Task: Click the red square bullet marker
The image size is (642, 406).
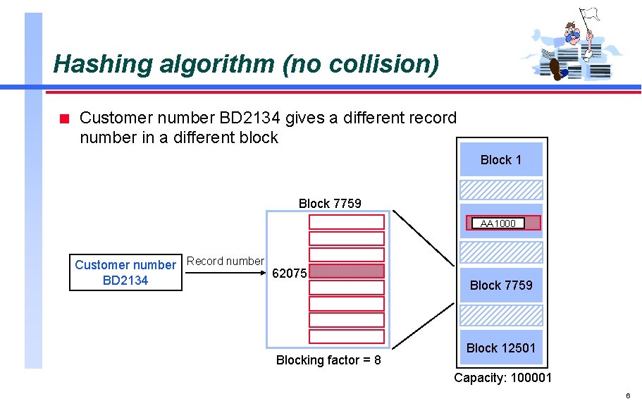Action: click(63, 118)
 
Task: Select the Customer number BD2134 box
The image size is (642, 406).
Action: click(125, 272)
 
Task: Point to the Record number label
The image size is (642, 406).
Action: click(226, 261)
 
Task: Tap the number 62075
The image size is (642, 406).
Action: click(289, 273)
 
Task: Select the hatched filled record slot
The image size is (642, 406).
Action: click(347, 271)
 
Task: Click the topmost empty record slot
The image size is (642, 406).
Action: click(347, 222)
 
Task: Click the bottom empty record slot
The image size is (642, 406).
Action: click(347, 336)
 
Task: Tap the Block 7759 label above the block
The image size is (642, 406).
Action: click(330, 203)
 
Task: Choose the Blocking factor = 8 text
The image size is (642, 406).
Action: click(328, 360)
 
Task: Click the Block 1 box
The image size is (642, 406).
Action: click(501, 160)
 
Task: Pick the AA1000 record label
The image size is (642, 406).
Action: click(498, 223)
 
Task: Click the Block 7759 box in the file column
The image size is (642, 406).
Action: click(501, 285)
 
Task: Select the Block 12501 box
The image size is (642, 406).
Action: click(501, 347)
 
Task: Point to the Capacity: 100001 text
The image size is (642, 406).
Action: click(502, 378)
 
